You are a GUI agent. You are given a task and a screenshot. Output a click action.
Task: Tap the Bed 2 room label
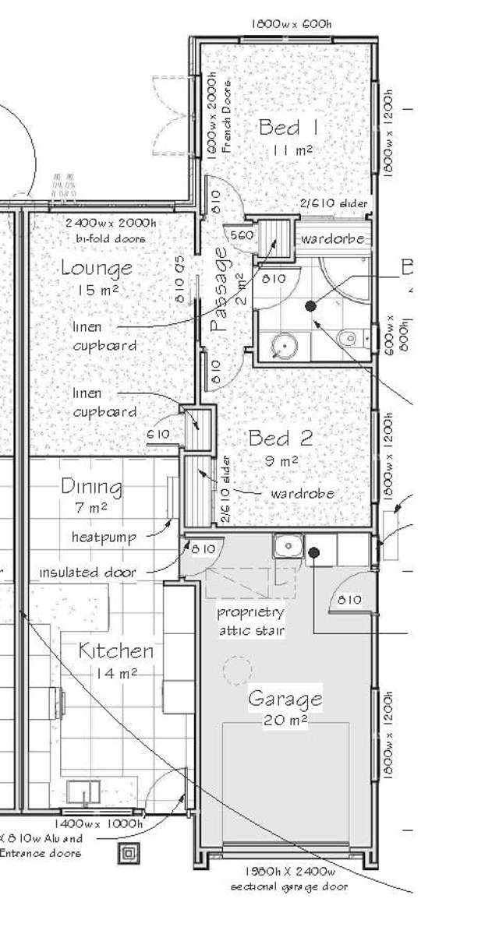(281, 438)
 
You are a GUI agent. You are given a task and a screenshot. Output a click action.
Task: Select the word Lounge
(97, 269)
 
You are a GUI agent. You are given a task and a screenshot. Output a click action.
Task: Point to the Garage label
(285, 699)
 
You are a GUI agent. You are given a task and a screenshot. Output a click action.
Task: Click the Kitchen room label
(116, 651)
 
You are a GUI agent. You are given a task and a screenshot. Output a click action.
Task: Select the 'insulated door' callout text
(87, 573)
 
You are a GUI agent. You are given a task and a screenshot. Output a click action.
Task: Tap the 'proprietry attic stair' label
(250, 621)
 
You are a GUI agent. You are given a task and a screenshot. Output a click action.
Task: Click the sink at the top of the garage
(287, 546)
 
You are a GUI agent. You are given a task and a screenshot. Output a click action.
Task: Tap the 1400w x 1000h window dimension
(98, 823)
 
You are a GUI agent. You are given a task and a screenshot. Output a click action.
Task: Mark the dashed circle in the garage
(238, 669)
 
